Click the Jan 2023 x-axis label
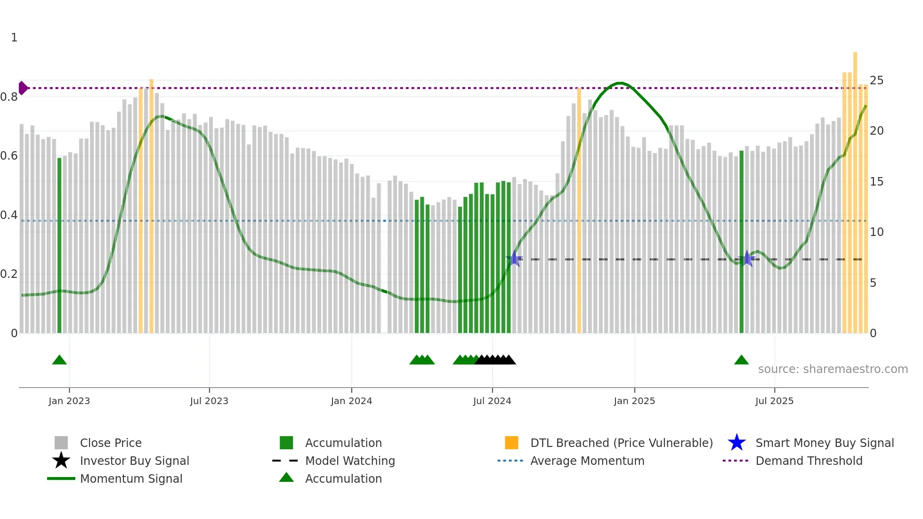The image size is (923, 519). pyautogui.click(x=69, y=401)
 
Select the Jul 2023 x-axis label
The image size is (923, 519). pyautogui.click(x=209, y=401)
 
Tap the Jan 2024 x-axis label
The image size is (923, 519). pyautogui.click(x=351, y=401)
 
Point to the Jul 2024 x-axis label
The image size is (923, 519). pyautogui.click(x=492, y=401)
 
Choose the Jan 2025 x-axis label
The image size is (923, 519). pyautogui.click(x=634, y=401)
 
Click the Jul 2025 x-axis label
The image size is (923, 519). pyautogui.click(x=774, y=401)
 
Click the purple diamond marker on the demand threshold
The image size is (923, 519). pyautogui.click(x=23, y=88)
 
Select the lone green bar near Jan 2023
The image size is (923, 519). pyautogui.click(x=59, y=245)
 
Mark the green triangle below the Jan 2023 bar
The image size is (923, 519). pyautogui.click(x=59, y=360)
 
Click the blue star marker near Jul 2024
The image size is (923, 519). pyautogui.click(x=514, y=259)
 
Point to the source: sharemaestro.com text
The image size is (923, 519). pyautogui.click(x=833, y=369)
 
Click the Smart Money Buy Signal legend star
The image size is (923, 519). pyautogui.click(x=737, y=443)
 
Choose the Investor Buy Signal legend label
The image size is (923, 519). pyautogui.click(x=135, y=461)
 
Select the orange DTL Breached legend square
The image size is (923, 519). pyautogui.click(x=511, y=443)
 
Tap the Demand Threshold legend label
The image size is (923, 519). pyautogui.click(x=809, y=461)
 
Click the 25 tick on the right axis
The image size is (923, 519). pyautogui.click(x=876, y=81)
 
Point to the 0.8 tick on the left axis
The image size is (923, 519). pyautogui.click(x=9, y=97)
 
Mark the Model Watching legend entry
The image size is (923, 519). pyautogui.click(x=350, y=461)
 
